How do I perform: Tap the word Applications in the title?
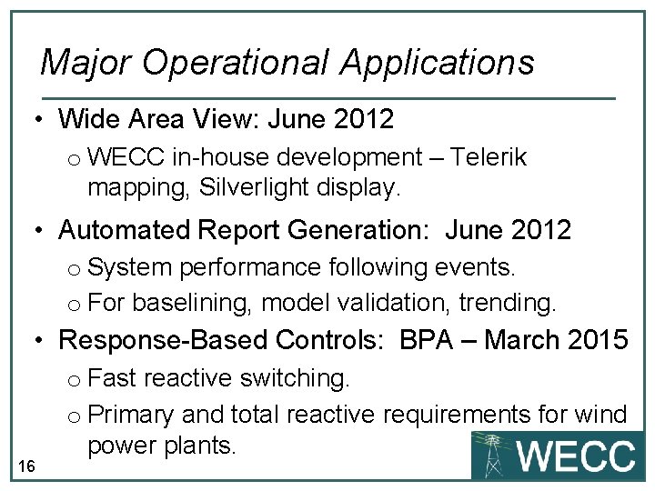tap(438, 62)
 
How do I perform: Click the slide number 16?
tap(26, 466)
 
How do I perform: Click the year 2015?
tap(595, 340)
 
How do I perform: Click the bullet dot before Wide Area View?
tap(40, 119)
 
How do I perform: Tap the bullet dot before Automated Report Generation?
tap(40, 230)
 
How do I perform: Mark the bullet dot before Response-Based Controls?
tap(40, 340)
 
